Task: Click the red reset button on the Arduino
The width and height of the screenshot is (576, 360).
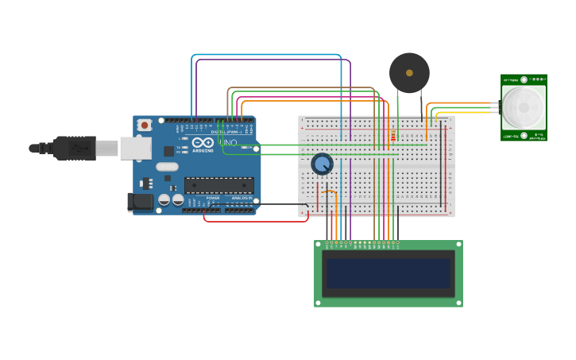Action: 144,125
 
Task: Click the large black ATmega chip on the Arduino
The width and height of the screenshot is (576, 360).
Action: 219,185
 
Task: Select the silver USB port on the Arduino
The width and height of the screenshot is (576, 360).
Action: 136,148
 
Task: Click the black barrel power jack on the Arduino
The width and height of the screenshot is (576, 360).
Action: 141,202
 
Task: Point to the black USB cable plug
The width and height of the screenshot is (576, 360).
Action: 75,148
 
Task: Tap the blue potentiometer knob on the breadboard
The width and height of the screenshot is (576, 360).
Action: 322,164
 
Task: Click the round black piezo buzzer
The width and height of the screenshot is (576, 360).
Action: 409,73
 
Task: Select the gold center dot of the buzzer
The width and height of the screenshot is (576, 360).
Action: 409,73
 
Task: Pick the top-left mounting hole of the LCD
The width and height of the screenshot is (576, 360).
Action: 320,246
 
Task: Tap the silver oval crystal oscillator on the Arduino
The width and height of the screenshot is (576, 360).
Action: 167,167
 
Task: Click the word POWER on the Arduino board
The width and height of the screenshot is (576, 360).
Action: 213,198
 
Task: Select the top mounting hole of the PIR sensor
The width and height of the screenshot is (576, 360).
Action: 524,80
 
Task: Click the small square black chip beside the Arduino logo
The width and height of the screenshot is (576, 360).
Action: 169,151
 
